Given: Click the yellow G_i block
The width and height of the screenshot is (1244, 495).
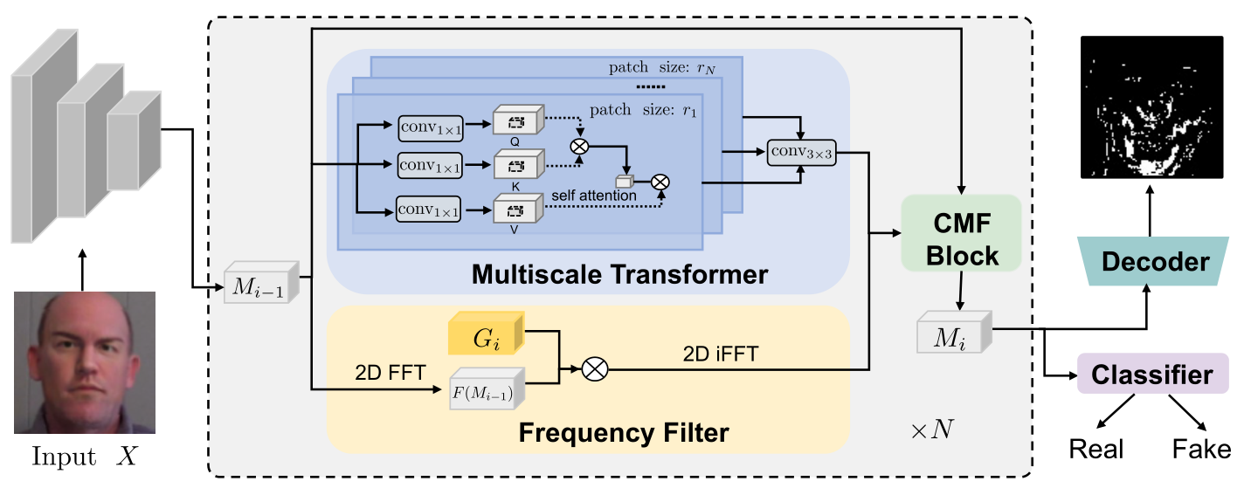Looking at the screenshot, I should pyautogui.click(x=485, y=336).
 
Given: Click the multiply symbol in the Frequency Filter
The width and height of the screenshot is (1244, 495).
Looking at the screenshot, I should pyautogui.click(x=594, y=369).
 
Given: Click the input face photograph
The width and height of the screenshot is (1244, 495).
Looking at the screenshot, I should pyautogui.click(x=85, y=362).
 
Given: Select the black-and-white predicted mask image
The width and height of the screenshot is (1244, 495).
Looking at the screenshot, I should pyautogui.click(x=1151, y=107).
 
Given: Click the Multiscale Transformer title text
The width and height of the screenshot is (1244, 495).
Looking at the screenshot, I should pyautogui.click(x=619, y=275).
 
